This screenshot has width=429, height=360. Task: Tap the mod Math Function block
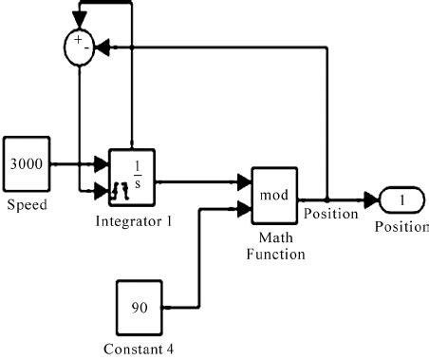[274, 194]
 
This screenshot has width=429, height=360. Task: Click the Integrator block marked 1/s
[132, 177]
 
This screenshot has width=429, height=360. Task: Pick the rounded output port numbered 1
[399, 201]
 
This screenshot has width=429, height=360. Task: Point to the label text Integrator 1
[132, 222]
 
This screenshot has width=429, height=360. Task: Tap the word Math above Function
[275, 238]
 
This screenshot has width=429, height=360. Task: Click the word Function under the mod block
[275, 255]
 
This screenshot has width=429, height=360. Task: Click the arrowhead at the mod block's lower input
[244, 207]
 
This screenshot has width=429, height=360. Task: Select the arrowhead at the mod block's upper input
[244, 180]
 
